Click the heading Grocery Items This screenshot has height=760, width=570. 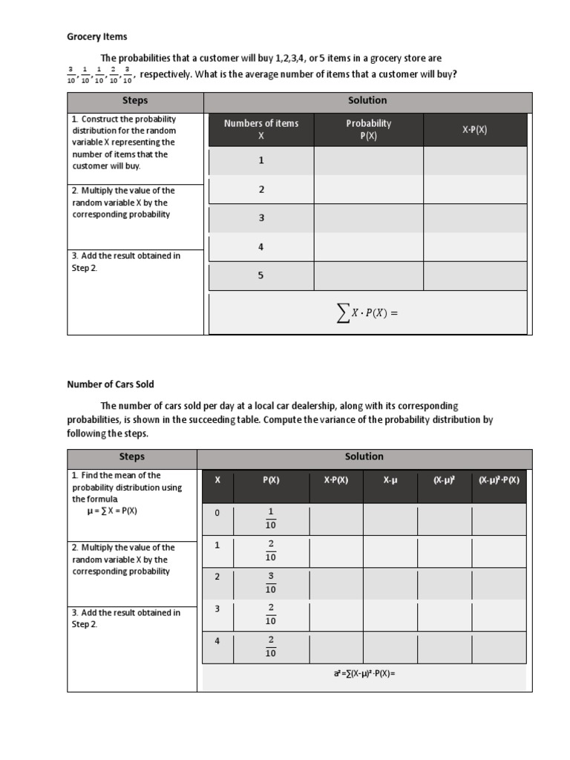pyautogui.click(x=97, y=36)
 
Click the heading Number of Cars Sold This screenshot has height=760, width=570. pyautogui.click(x=111, y=384)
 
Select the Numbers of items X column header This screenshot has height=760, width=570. pyautogui.click(x=261, y=130)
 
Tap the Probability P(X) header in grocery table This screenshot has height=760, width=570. pyautogui.click(x=369, y=130)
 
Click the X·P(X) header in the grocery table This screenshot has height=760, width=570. pyautogui.click(x=475, y=130)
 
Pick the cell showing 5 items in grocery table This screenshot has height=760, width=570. pyautogui.click(x=261, y=275)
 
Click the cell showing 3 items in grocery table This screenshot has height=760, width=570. pyautogui.click(x=261, y=218)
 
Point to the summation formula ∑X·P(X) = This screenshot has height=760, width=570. pyautogui.click(x=367, y=313)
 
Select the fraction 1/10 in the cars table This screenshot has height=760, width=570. pyautogui.click(x=271, y=519)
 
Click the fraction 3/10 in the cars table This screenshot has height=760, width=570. pyautogui.click(x=271, y=583)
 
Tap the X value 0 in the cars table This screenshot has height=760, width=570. pyautogui.click(x=217, y=513)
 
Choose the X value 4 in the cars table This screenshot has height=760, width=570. pyautogui.click(x=217, y=641)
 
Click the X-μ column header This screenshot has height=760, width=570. pyautogui.click(x=390, y=480)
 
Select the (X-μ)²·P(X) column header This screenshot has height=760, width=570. pyautogui.click(x=499, y=480)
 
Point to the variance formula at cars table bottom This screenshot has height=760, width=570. pyautogui.click(x=359, y=674)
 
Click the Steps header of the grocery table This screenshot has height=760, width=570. pyautogui.click(x=134, y=101)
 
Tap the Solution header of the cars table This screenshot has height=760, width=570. pyautogui.click(x=364, y=457)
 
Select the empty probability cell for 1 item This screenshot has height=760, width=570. pyautogui.click(x=369, y=160)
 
